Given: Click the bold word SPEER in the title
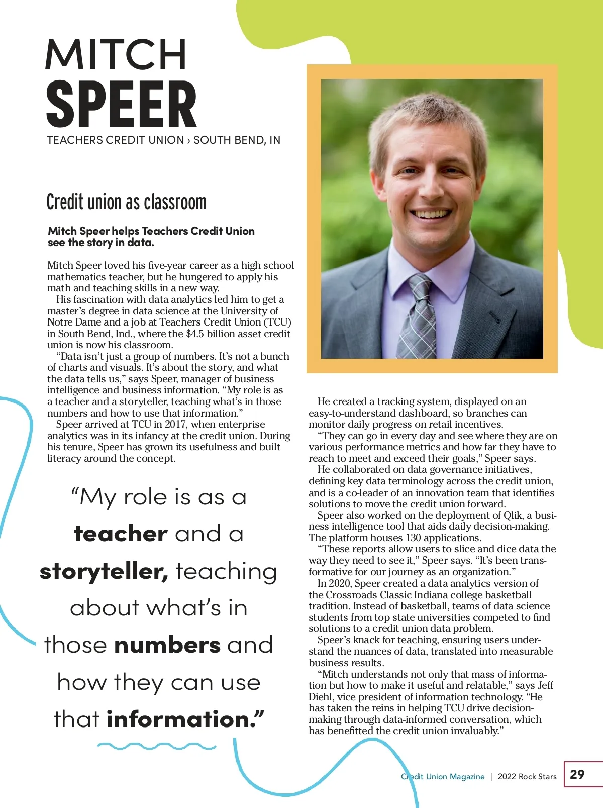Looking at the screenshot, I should [x=121, y=105].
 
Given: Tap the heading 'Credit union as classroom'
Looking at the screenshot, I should [x=126, y=202].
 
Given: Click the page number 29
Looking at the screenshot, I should [x=577, y=774].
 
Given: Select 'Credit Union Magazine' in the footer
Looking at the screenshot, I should [x=443, y=777].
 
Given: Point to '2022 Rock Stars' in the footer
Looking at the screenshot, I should [x=527, y=777].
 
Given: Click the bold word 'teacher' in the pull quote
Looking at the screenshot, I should [x=121, y=534].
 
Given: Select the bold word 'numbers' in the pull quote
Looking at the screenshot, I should [x=167, y=645].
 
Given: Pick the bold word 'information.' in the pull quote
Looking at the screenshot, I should [x=184, y=719].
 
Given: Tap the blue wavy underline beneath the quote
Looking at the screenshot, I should [x=156, y=746].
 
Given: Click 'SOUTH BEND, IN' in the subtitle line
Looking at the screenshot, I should [x=237, y=140].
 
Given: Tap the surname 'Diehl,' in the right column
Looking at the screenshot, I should [x=322, y=697].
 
